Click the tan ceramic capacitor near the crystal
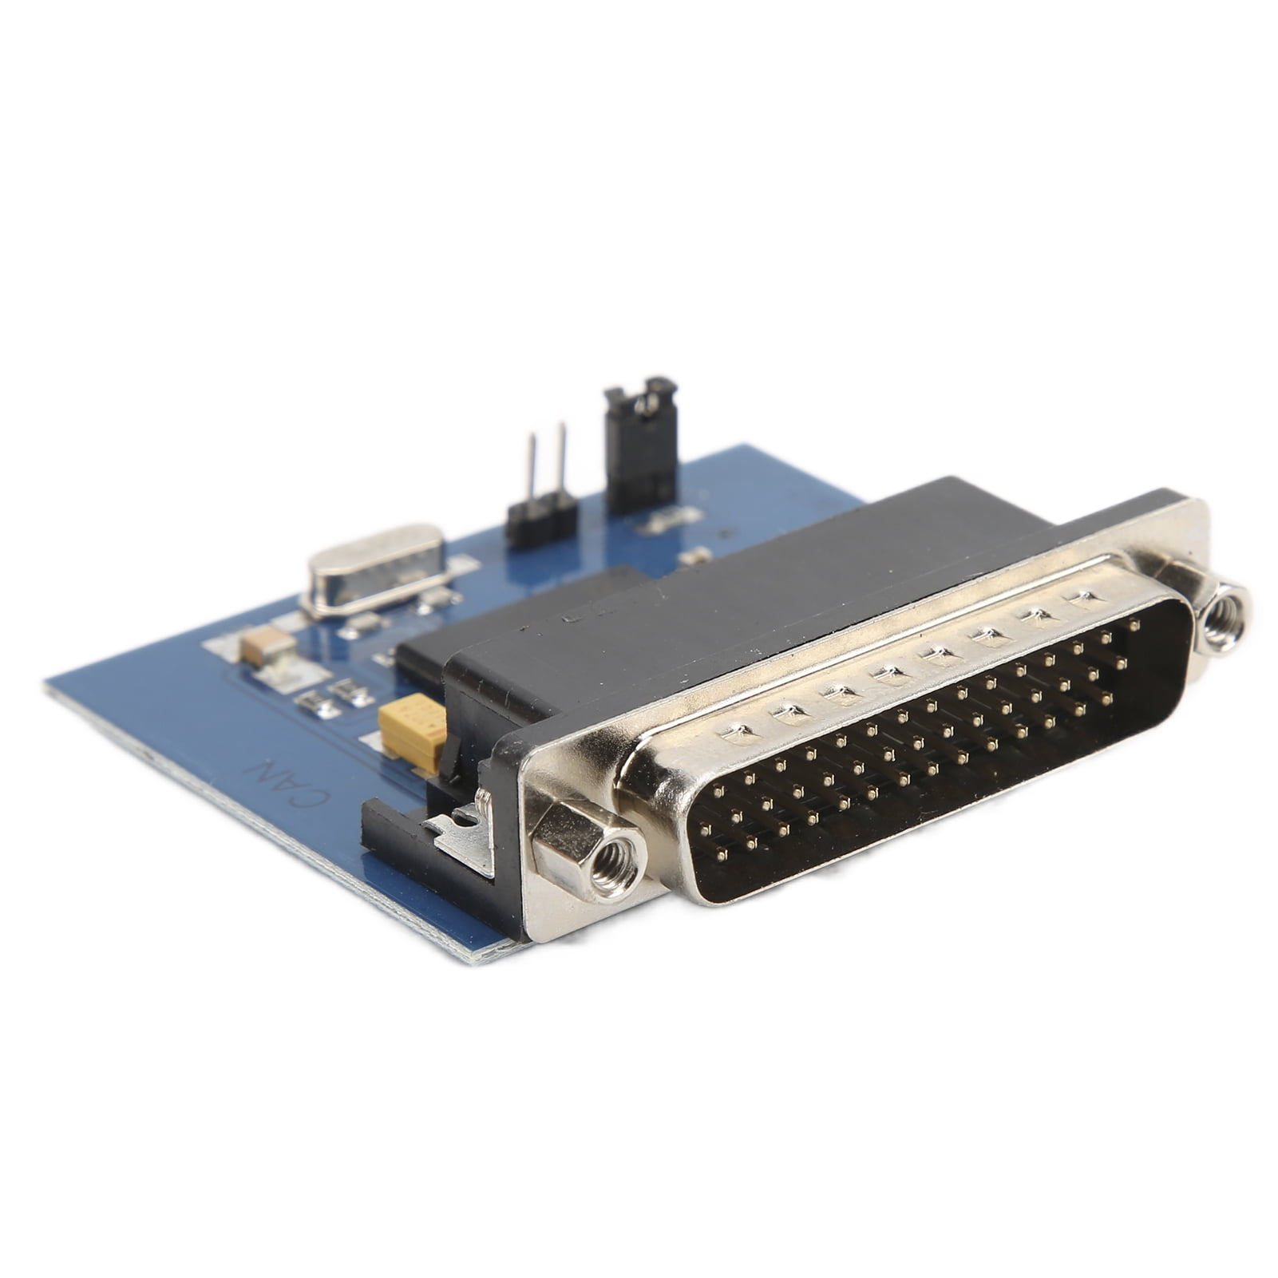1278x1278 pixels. click(x=268, y=644)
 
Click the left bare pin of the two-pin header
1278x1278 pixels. click(x=530, y=466)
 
